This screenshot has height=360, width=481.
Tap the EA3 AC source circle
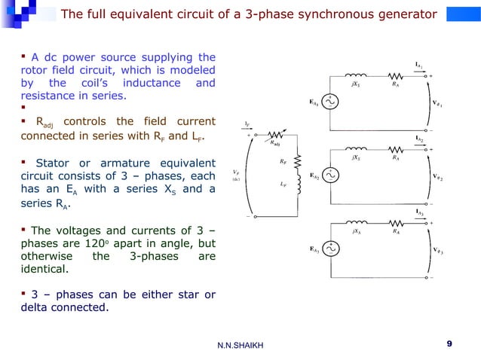pos(329,249)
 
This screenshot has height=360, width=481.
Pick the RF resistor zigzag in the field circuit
pos(297,160)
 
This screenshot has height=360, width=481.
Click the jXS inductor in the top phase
pos(355,76)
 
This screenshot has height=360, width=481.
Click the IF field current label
pos(248,123)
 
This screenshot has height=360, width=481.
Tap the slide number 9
pos(449,344)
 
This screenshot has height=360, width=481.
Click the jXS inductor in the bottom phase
pos(355,223)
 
